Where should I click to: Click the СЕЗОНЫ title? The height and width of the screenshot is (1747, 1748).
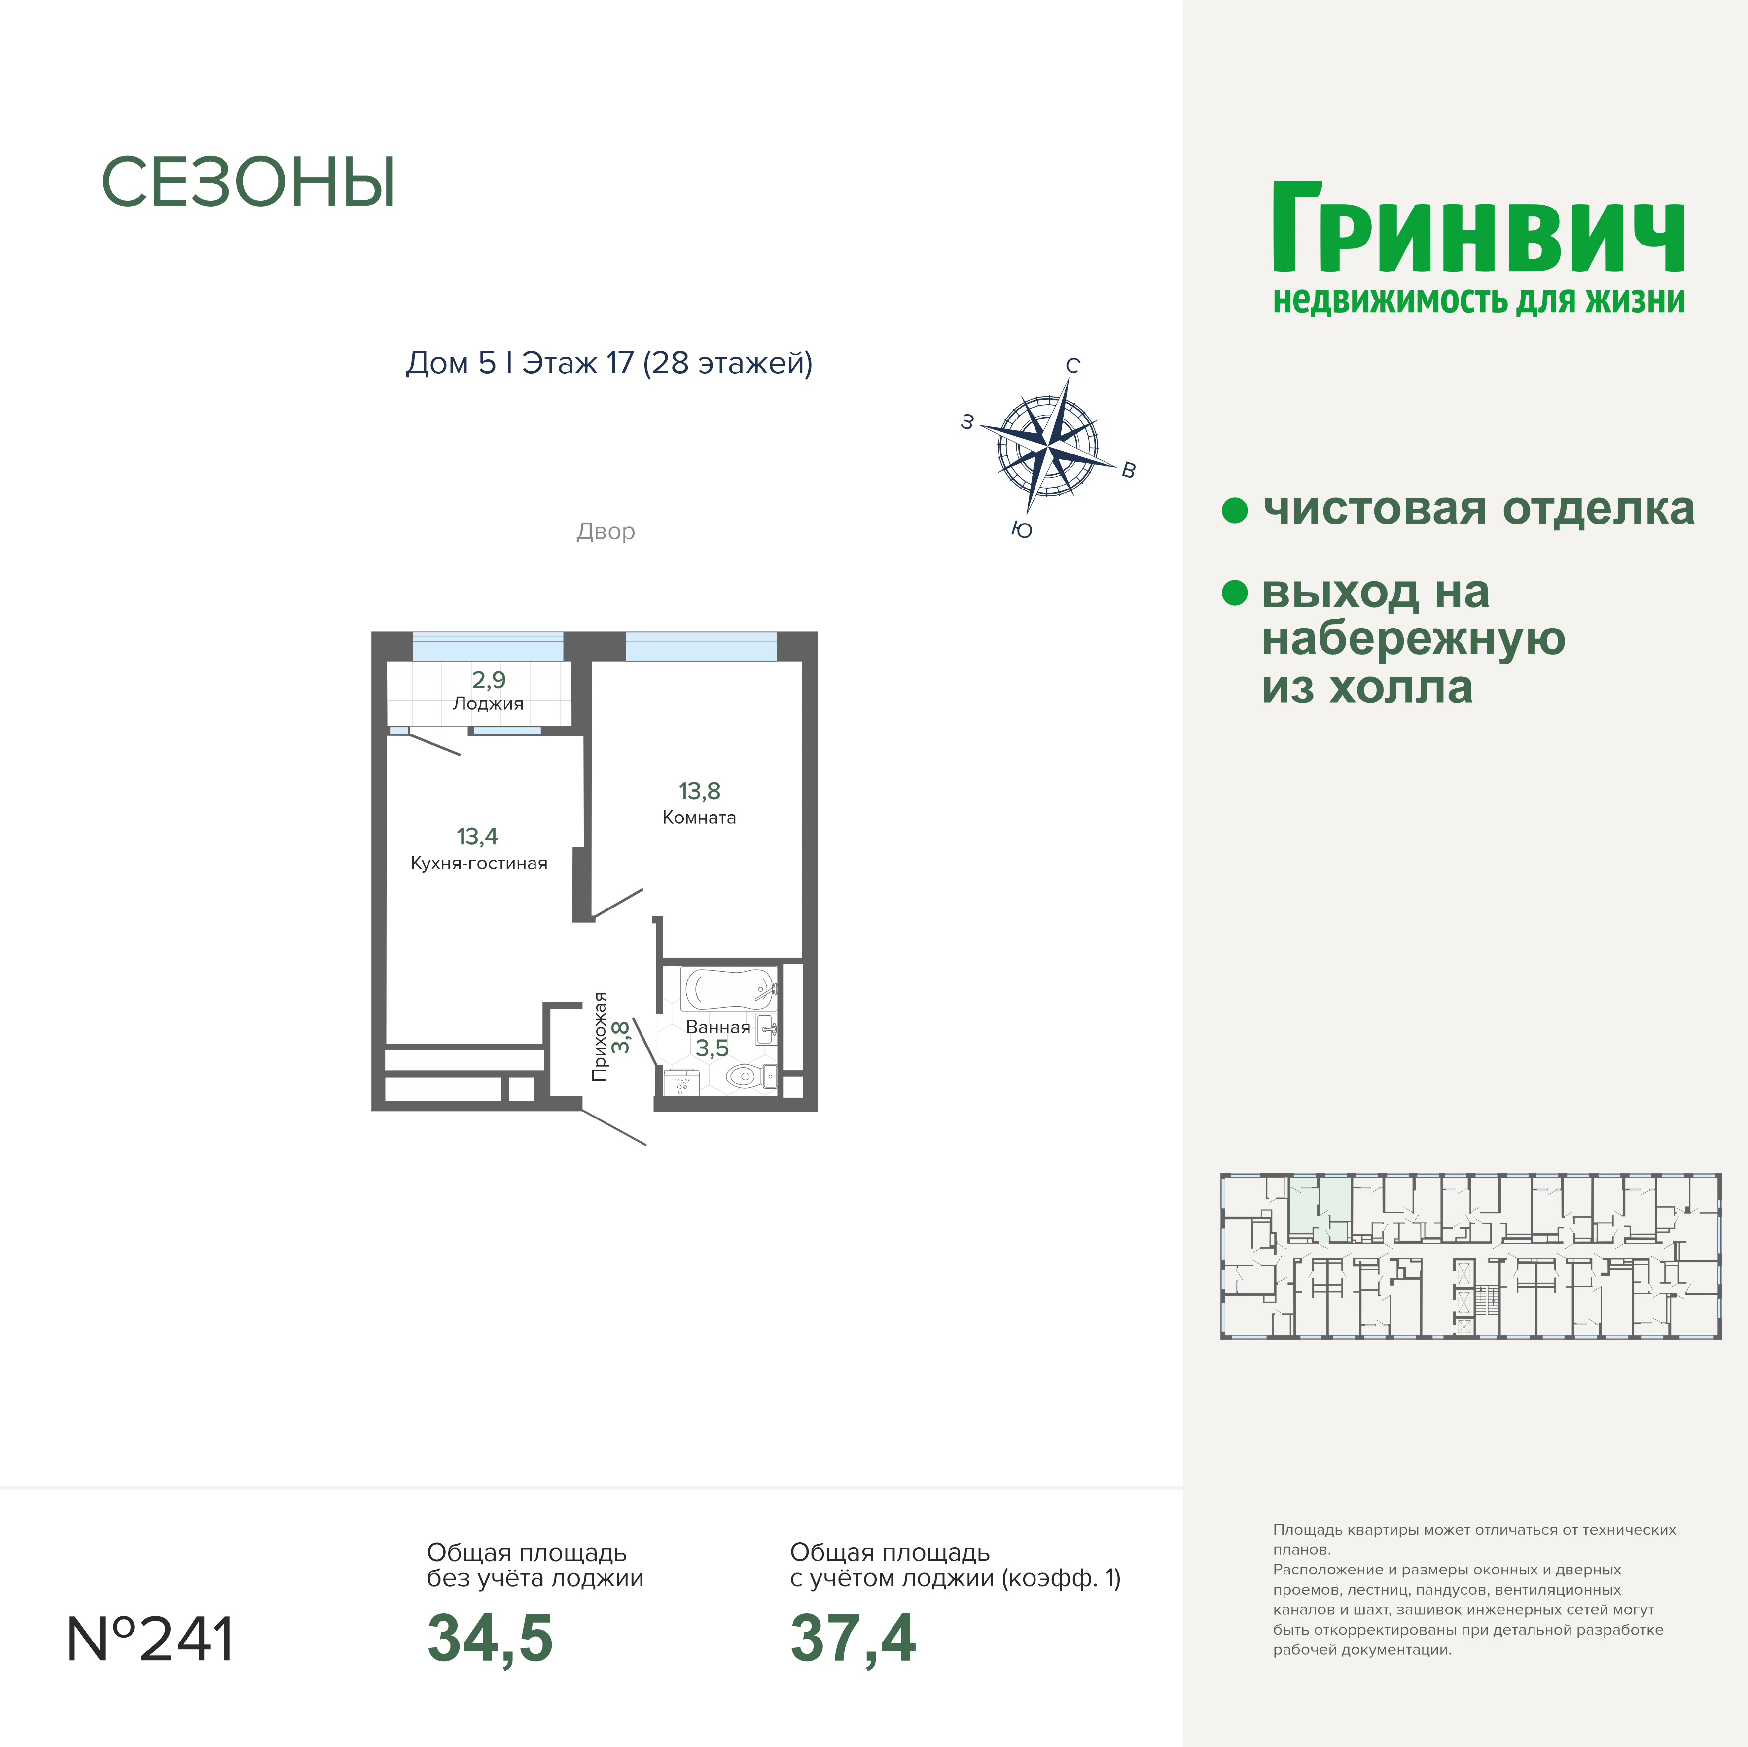[x=248, y=183]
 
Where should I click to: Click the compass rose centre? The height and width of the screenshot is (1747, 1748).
[x=1048, y=445]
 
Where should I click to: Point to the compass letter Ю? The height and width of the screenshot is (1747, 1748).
[x=1022, y=530]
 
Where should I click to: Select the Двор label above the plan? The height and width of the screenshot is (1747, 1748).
[x=606, y=531]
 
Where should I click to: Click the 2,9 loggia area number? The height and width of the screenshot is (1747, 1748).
[x=489, y=679]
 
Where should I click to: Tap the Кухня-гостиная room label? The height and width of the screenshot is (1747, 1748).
[x=479, y=863]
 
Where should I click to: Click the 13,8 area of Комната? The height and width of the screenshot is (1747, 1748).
[x=699, y=791]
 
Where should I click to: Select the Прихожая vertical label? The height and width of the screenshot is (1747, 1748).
[x=599, y=1037]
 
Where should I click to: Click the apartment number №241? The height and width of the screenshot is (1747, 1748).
[x=151, y=1640]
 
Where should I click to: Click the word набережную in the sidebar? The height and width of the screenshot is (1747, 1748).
[x=1413, y=639]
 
